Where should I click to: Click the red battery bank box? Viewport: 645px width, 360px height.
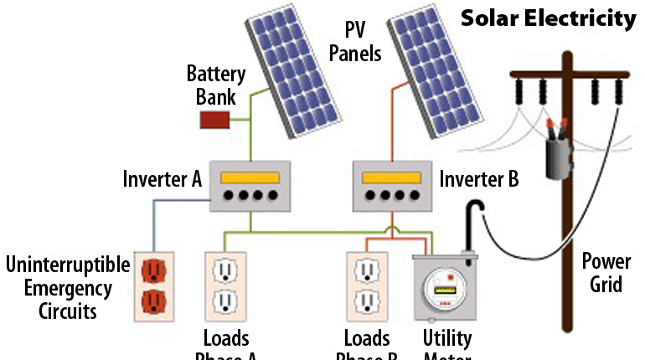[x=215, y=120]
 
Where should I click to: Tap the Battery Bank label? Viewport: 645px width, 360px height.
[x=216, y=84]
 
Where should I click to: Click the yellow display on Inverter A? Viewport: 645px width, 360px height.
[x=249, y=177]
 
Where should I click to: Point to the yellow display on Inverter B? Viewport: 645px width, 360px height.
[x=390, y=177]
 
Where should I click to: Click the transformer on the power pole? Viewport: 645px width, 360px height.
[x=555, y=156]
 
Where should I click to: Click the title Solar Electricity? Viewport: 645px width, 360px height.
[x=549, y=18]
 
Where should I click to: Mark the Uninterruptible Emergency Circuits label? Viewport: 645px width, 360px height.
[x=68, y=289]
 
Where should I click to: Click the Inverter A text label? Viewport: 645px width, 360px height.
[x=162, y=179]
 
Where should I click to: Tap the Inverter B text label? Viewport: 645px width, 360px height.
[x=479, y=179]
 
